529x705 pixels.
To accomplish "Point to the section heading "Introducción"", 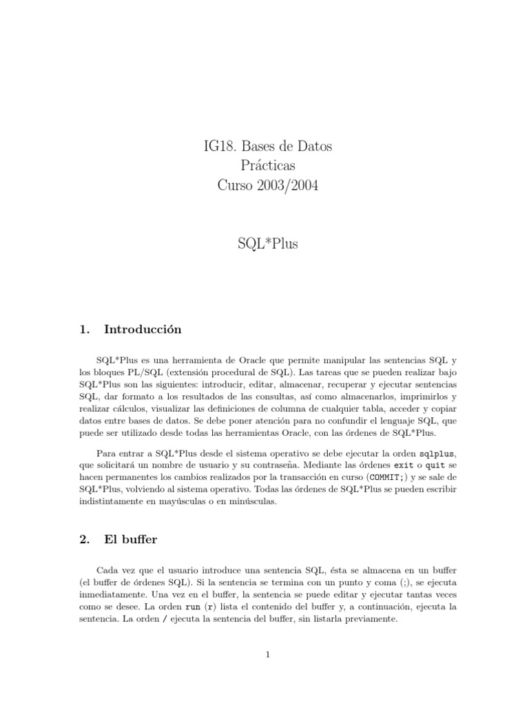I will click(143, 330).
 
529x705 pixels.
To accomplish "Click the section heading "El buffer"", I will click(130, 540).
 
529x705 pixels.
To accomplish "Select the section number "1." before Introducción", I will click(85, 330).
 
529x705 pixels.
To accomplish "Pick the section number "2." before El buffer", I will click(85, 540).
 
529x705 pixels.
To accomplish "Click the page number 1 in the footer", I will click(267, 655).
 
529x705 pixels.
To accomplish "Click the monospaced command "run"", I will click(192, 607).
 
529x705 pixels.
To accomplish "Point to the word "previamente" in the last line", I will click(370, 619).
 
